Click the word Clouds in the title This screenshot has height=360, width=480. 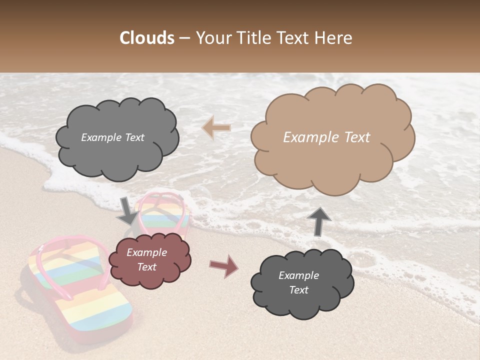coord(147,38)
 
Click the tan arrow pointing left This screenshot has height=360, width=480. coord(216,128)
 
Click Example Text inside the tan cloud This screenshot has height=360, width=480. coord(326,137)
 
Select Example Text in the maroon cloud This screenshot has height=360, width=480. coord(146,259)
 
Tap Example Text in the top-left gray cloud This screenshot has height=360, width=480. coord(112,137)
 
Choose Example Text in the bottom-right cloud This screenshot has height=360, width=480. coord(298,282)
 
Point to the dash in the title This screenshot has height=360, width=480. coord(184,38)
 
